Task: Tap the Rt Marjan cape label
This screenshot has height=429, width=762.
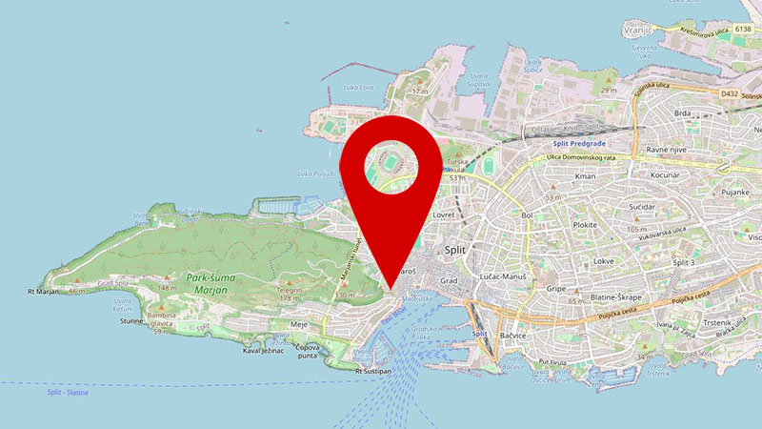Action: [44, 291]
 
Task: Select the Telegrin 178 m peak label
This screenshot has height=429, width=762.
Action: [290, 292]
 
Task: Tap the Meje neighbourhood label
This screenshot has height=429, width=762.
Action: [297, 325]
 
